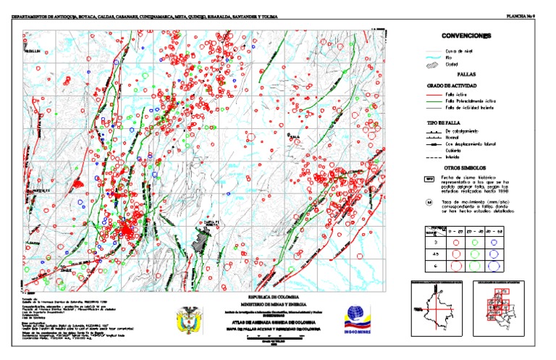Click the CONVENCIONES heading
pos(466,36)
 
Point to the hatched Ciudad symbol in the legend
pos(430,64)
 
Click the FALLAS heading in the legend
pos(466,75)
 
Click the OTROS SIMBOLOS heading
pos(466,167)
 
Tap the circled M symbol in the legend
pos(429,202)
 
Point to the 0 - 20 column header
pos(456,230)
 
